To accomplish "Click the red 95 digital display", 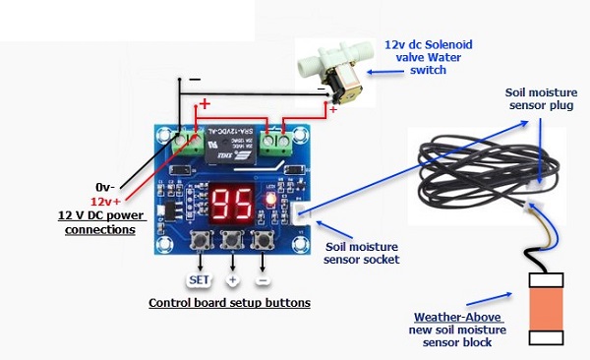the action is pos(232,204).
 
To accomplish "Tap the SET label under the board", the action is pos(199,280).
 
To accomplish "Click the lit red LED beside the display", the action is pos(269,198).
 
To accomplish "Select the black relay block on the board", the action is pos(230,145).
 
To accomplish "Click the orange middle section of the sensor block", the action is pos(546,310).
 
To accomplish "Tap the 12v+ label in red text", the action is pos(106,202).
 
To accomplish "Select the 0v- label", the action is pos(105,187).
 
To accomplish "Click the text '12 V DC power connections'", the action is pos(100,222).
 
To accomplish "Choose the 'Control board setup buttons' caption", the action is pos(229,303).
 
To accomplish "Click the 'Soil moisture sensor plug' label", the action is pos(541,98).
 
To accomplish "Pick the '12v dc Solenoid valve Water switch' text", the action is pos(428,57).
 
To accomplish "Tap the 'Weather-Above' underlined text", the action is pos(457,317).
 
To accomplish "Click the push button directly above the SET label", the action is pos(200,239).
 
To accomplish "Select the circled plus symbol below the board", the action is pos(232,280).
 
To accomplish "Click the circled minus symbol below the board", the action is pos(263,280).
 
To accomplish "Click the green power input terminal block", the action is pos(188,143).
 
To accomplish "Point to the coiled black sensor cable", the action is pos(489,172).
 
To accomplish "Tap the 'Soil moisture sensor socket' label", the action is pos(362,253).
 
